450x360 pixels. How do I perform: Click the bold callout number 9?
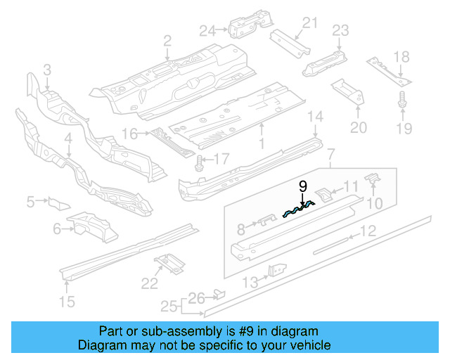(x=303, y=186)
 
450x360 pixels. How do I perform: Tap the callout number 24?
(x=207, y=30)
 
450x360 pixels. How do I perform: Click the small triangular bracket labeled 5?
(x=57, y=204)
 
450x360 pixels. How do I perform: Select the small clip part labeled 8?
(x=264, y=221)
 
